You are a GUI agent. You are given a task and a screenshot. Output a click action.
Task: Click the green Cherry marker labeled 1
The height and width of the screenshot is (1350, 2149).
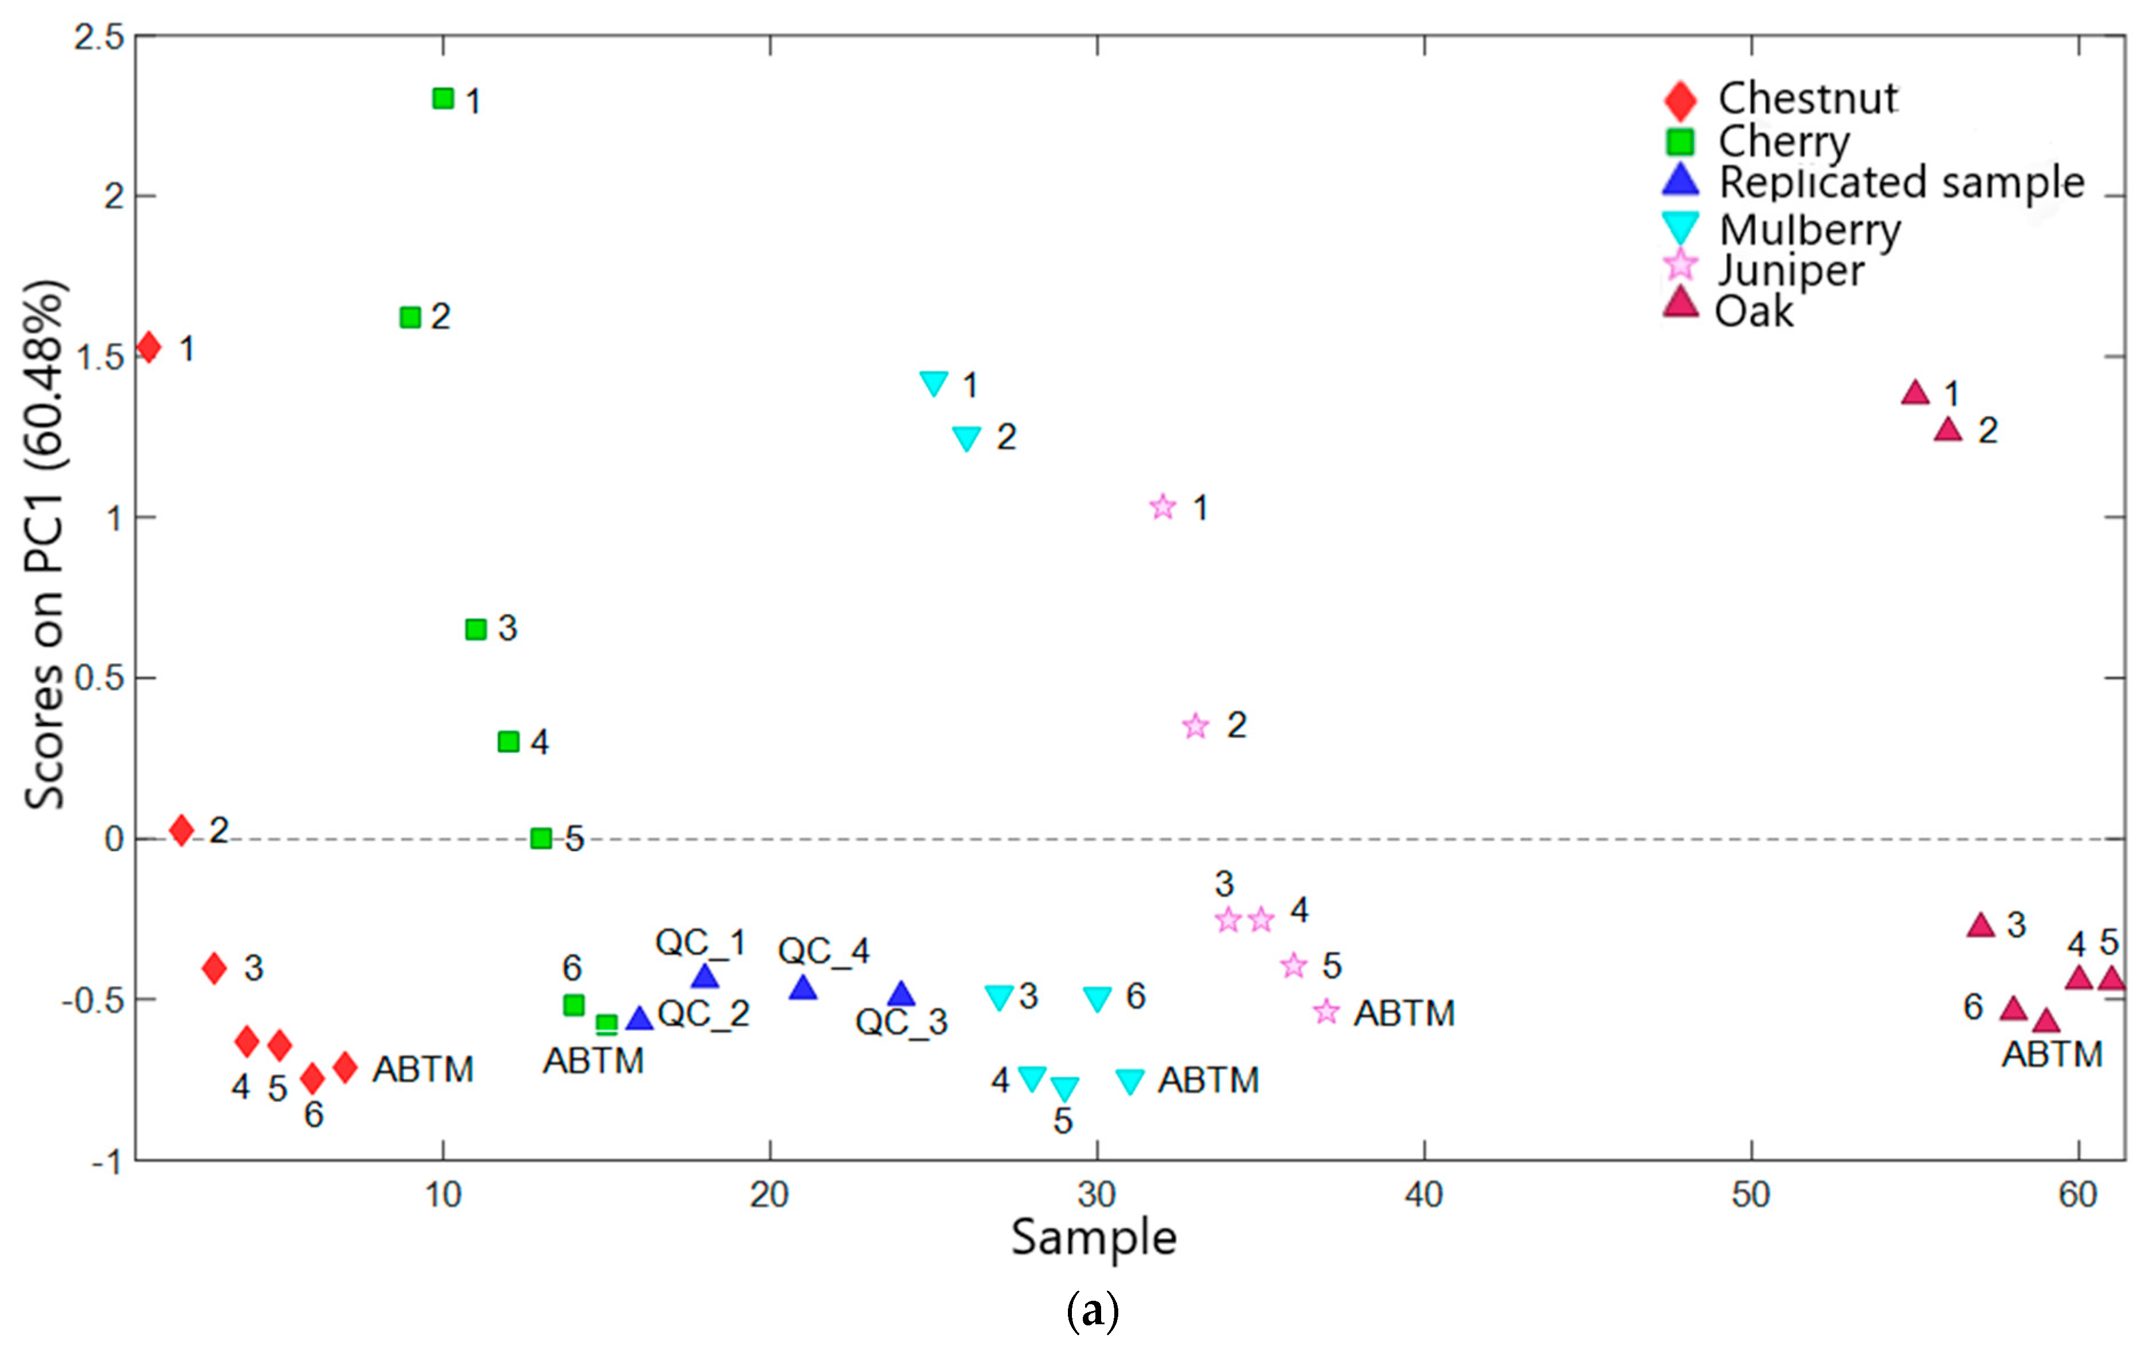click(x=442, y=98)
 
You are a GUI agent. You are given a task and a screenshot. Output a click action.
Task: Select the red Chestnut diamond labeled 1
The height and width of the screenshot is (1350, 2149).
click(x=149, y=347)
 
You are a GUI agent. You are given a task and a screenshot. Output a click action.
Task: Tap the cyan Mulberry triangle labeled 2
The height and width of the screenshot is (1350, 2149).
click(x=967, y=437)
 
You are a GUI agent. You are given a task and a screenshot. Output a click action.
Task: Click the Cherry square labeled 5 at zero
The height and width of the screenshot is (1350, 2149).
click(x=541, y=838)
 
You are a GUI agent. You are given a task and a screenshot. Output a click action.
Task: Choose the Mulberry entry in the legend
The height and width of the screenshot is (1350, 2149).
click(x=1810, y=229)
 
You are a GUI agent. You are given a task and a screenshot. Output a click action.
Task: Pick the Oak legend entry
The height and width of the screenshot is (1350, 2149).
click(x=1753, y=311)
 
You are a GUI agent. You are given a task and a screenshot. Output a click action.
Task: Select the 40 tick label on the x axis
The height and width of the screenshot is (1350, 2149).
click(x=1423, y=1194)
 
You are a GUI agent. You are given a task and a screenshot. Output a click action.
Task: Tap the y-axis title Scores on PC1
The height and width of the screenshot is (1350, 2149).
click(x=45, y=544)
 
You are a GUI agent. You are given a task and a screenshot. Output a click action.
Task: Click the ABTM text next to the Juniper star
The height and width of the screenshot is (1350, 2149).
click(x=1404, y=1013)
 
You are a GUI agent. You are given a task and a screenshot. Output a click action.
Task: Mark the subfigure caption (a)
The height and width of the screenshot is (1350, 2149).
click(x=1093, y=1310)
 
